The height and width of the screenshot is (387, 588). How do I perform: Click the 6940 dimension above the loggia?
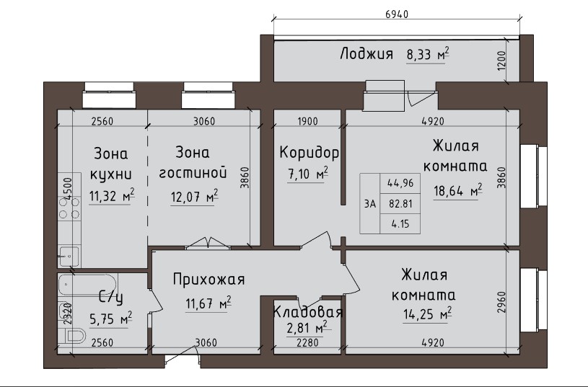click(396, 14)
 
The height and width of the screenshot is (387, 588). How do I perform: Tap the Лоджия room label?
click(367, 54)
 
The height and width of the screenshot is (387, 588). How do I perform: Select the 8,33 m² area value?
click(428, 55)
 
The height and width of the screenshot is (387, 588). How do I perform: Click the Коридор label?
click(309, 153)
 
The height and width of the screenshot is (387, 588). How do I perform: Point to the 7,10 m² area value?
click(308, 174)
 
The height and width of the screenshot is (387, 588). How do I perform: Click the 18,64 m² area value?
click(458, 191)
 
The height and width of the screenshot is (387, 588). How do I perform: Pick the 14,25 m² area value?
click(427, 313)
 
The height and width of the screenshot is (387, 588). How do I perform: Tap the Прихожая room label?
click(209, 280)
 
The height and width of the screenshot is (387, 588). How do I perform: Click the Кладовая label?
click(308, 312)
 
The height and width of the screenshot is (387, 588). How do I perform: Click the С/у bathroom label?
click(110, 298)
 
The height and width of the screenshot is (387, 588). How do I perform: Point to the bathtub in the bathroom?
click(88, 285)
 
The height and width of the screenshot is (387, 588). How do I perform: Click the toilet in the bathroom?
click(74, 336)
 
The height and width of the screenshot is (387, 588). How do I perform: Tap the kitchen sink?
click(69, 257)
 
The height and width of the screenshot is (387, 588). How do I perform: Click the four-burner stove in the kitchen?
click(69, 208)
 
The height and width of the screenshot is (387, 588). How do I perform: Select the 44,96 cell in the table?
click(400, 183)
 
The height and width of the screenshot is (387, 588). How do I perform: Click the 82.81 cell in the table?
click(400, 204)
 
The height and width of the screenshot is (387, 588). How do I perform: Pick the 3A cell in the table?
click(370, 204)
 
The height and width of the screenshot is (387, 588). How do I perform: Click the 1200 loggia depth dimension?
click(501, 60)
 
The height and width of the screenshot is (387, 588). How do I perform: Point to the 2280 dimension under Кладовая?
click(307, 343)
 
